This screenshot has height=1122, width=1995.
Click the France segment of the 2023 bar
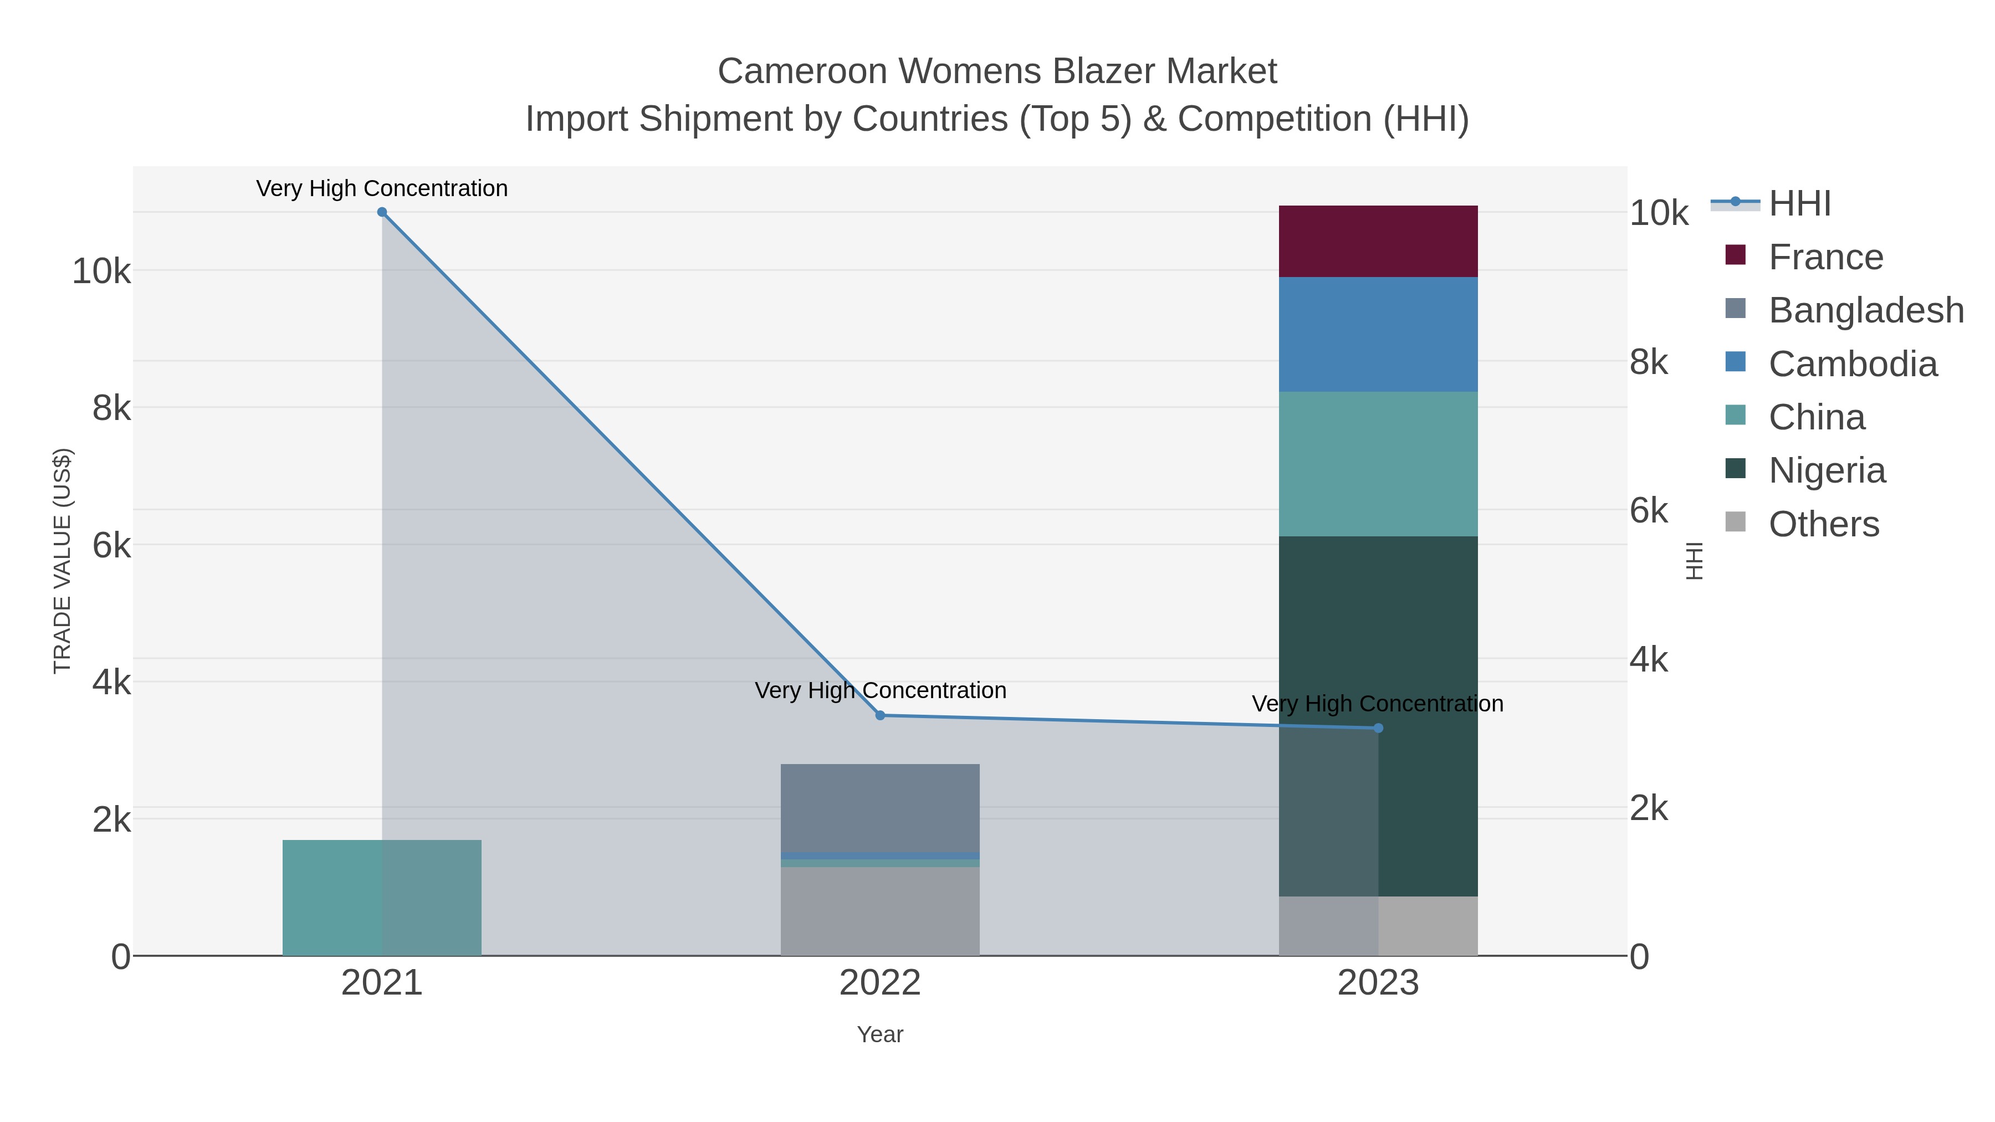(x=1378, y=242)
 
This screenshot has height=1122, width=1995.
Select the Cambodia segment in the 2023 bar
(x=1378, y=335)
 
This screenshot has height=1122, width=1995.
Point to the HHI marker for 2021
(x=382, y=212)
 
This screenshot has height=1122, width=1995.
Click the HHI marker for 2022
(x=880, y=715)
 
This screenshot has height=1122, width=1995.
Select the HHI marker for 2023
(x=1378, y=728)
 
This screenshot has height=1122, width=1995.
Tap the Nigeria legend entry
(x=1826, y=471)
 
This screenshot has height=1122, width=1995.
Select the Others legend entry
(x=1823, y=524)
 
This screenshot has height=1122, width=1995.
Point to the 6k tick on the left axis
(x=111, y=546)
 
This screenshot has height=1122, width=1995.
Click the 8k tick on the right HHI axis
(x=1648, y=362)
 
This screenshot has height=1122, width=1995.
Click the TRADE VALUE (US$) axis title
(x=62, y=561)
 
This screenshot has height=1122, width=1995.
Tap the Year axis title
(x=880, y=1034)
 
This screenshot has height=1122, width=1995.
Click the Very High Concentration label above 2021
(x=382, y=188)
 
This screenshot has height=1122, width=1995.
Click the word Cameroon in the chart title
(x=801, y=71)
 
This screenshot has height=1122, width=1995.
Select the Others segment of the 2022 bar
(x=880, y=911)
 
